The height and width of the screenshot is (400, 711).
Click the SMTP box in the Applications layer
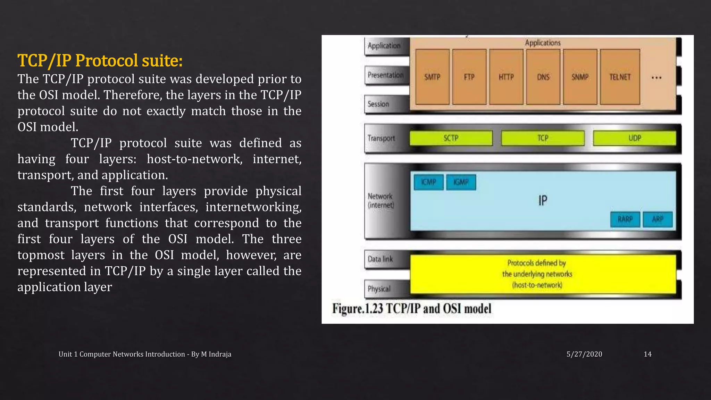432,77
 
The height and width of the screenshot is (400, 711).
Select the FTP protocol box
469,77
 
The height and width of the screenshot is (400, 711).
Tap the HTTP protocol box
506,77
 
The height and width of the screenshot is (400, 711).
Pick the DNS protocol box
543,77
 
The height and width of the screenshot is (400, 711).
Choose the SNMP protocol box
580,77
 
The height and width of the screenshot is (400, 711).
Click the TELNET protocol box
620,77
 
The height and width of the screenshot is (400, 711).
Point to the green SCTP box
451,138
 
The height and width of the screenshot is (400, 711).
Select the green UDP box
635,138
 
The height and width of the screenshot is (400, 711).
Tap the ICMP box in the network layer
429,182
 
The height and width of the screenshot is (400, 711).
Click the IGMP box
461,182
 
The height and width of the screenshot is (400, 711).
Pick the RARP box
625,219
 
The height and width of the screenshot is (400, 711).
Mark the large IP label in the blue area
543,200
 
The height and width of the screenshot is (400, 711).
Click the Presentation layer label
385,75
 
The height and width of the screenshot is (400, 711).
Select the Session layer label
378,104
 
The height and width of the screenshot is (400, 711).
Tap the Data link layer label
380,259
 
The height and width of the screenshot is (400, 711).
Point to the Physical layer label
379,289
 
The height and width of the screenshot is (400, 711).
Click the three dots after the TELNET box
656,78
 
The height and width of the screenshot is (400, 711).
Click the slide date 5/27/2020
584,354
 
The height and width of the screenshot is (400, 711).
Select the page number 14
647,354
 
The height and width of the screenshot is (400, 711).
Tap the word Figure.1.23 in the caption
358,309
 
